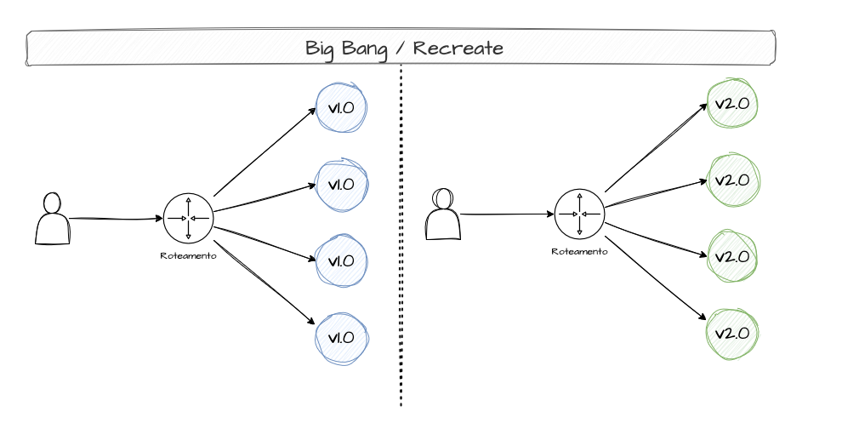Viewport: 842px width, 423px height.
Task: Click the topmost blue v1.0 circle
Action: (x=341, y=108)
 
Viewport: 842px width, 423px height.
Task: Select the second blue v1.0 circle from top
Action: (x=341, y=184)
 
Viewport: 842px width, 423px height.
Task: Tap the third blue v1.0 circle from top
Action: (x=341, y=260)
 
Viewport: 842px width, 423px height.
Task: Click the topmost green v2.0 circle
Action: (x=732, y=104)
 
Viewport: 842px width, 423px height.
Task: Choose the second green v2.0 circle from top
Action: (x=732, y=180)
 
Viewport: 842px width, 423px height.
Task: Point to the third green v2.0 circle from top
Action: (x=732, y=256)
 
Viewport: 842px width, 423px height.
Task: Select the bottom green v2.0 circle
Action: (x=732, y=333)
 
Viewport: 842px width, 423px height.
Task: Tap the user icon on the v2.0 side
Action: (x=442, y=214)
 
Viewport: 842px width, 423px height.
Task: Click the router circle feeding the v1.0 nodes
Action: (x=188, y=219)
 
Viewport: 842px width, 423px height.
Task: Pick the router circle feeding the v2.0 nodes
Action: (x=579, y=214)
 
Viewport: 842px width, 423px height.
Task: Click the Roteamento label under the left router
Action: (x=188, y=254)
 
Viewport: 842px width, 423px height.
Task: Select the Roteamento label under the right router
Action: (x=579, y=251)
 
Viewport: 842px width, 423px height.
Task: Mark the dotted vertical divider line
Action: (x=401, y=255)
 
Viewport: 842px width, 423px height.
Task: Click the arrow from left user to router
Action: (x=115, y=219)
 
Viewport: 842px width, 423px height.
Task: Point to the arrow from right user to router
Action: (x=506, y=214)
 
